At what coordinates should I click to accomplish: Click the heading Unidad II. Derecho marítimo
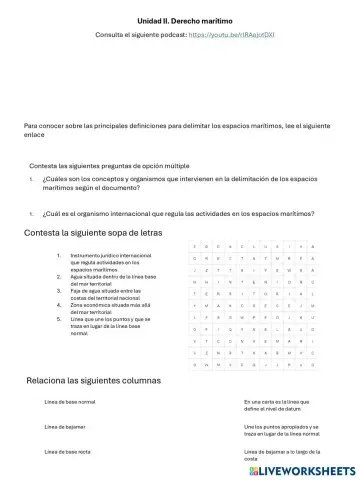[x=180, y=19]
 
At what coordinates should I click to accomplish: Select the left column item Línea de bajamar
[x=64, y=427]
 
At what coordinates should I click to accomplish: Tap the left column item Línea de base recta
[x=68, y=452]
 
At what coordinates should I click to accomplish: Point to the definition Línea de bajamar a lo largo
[x=280, y=455]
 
